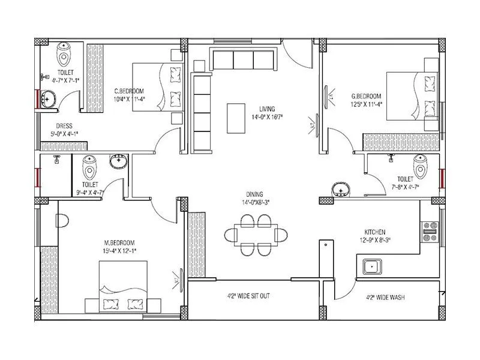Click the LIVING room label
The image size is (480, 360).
coord(267,109)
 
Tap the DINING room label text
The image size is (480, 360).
coord(254,194)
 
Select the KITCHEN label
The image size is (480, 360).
coord(375,232)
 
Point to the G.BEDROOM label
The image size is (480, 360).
coord(366,96)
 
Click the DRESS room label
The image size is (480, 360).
coord(64,126)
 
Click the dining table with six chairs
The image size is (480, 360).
coord(254,234)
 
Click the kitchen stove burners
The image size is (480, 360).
coord(430,232)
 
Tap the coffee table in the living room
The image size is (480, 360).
coord(236,118)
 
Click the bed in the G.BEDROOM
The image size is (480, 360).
coord(413,95)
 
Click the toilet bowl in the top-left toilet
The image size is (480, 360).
coord(64,55)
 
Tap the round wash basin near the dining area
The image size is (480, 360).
coord(341,190)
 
